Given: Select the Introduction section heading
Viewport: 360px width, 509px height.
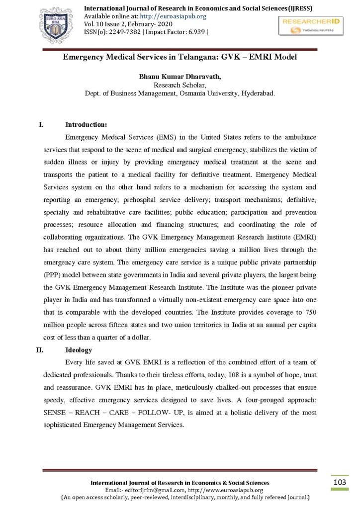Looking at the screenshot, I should coord(86,124).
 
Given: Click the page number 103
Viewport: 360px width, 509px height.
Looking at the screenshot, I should coord(340,482).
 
